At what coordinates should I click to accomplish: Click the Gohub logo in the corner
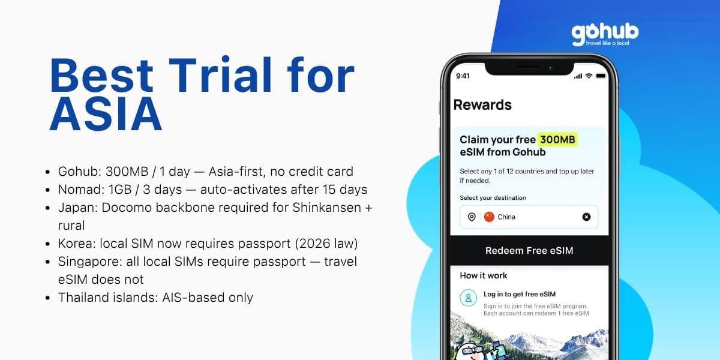[x=604, y=34]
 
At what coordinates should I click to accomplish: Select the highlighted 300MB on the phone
[x=557, y=140]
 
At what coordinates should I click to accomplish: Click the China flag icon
[x=489, y=217]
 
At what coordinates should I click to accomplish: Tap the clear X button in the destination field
[x=586, y=217]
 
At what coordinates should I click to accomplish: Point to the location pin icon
[x=472, y=217]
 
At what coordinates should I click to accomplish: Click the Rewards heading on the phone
[x=482, y=105]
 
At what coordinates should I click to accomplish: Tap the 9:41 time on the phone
[x=463, y=76]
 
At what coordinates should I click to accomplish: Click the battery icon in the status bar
[x=601, y=76]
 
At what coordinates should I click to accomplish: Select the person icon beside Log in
[x=468, y=298]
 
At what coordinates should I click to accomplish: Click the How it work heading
[x=483, y=275]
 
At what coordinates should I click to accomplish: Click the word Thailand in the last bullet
[x=80, y=298]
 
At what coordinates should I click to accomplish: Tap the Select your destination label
[x=493, y=198]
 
